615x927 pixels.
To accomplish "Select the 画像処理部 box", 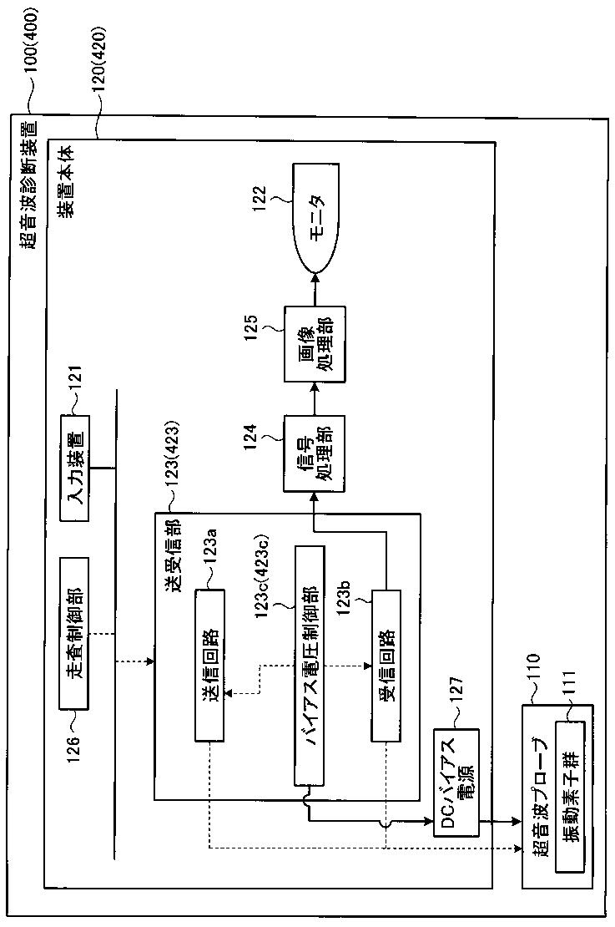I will click(315, 345).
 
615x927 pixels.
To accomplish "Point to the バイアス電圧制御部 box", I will click(308, 665).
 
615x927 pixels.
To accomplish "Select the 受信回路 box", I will click(387, 665).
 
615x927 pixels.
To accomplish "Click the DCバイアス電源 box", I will click(456, 782).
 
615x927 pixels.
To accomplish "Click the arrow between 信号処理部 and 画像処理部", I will click(315, 398).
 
